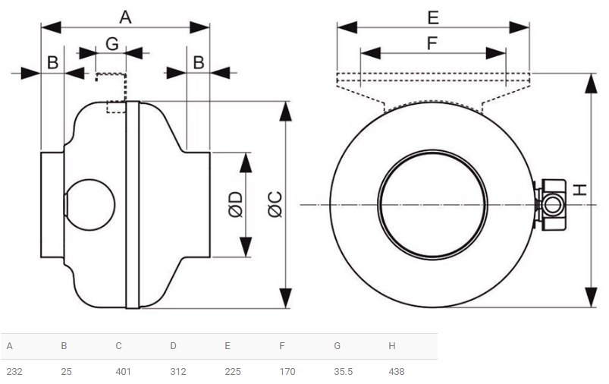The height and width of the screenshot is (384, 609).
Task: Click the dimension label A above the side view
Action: tap(126, 17)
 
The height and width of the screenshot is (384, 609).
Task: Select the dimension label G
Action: tap(111, 44)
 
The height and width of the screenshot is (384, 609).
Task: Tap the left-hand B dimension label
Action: tap(53, 63)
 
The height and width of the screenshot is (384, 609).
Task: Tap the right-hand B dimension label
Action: tap(199, 63)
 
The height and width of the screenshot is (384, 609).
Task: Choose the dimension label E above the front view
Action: tap(432, 16)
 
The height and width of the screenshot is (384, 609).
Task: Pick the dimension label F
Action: tap(432, 43)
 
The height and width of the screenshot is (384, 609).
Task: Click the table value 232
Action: tap(14, 372)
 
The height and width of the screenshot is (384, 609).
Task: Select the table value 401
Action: tap(124, 372)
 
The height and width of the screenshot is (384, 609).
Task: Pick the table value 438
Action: tap(397, 372)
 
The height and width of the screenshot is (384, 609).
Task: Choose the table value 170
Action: tap(287, 372)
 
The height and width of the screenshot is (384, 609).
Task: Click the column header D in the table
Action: tap(173, 346)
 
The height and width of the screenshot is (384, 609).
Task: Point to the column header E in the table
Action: tap(228, 346)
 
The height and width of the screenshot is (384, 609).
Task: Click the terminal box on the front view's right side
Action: tap(551, 203)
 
